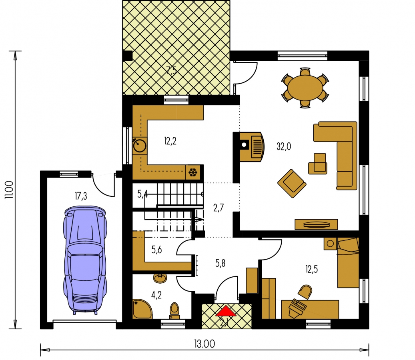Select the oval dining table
point(305,88)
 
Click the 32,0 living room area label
point(284,146)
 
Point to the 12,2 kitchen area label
point(170,141)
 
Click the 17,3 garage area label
point(81,196)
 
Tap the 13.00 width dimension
point(204,344)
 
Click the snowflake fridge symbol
point(193,173)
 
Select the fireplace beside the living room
point(252,147)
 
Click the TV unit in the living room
point(316,224)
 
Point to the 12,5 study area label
point(311,269)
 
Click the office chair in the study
point(305,292)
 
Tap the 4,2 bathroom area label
point(156,295)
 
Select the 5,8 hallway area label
point(220,263)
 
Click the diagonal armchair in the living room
point(292,184)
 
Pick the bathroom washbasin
point(160,278)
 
